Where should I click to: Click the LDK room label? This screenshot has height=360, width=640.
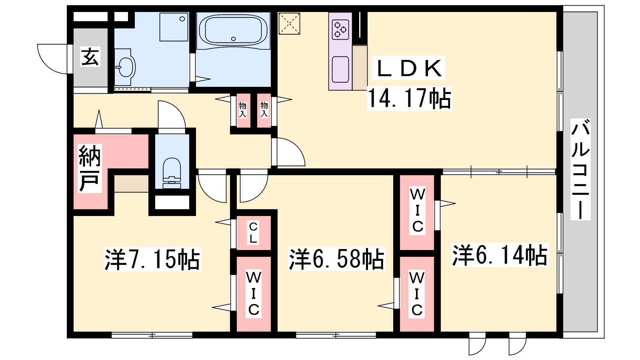pyautogui.click(x=409, y=68)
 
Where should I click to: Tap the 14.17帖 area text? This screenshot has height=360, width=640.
pyautogui.click(x=409, y=98)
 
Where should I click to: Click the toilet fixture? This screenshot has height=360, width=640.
pyautogui.click(x=172, y=173)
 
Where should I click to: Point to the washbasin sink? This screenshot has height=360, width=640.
pyautogui.click(x=126, y=67)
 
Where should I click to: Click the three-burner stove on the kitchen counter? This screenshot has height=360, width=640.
pyautogui.click(x=340, y=30)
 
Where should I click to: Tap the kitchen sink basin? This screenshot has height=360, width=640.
pyautogui.click(x=340, y=70)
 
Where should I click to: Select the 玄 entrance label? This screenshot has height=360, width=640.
pyautogui.click(x=90, y=57)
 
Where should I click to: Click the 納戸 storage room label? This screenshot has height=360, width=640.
pyautogui.click(x=90, y=168)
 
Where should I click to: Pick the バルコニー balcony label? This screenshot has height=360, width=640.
pyautogui.click(x=580, y=169)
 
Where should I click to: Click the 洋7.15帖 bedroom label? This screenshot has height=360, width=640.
pyautogui.click(x=152, y=260)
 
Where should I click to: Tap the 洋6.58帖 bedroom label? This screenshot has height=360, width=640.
pyautogui.click(x=336, y=259)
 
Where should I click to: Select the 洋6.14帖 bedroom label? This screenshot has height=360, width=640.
pyautogui.click(x=500, y=255)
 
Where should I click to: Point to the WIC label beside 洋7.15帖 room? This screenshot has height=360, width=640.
pyautogui.click(x=254, y=294)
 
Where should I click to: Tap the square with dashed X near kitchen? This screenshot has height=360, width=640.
pyautogui.click(x=289, y=24)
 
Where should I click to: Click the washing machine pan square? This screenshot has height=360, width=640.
pyautogui.click(x=174, y=27)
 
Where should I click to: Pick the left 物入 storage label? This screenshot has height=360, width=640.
pyautogui.click(x=242, y=110)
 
